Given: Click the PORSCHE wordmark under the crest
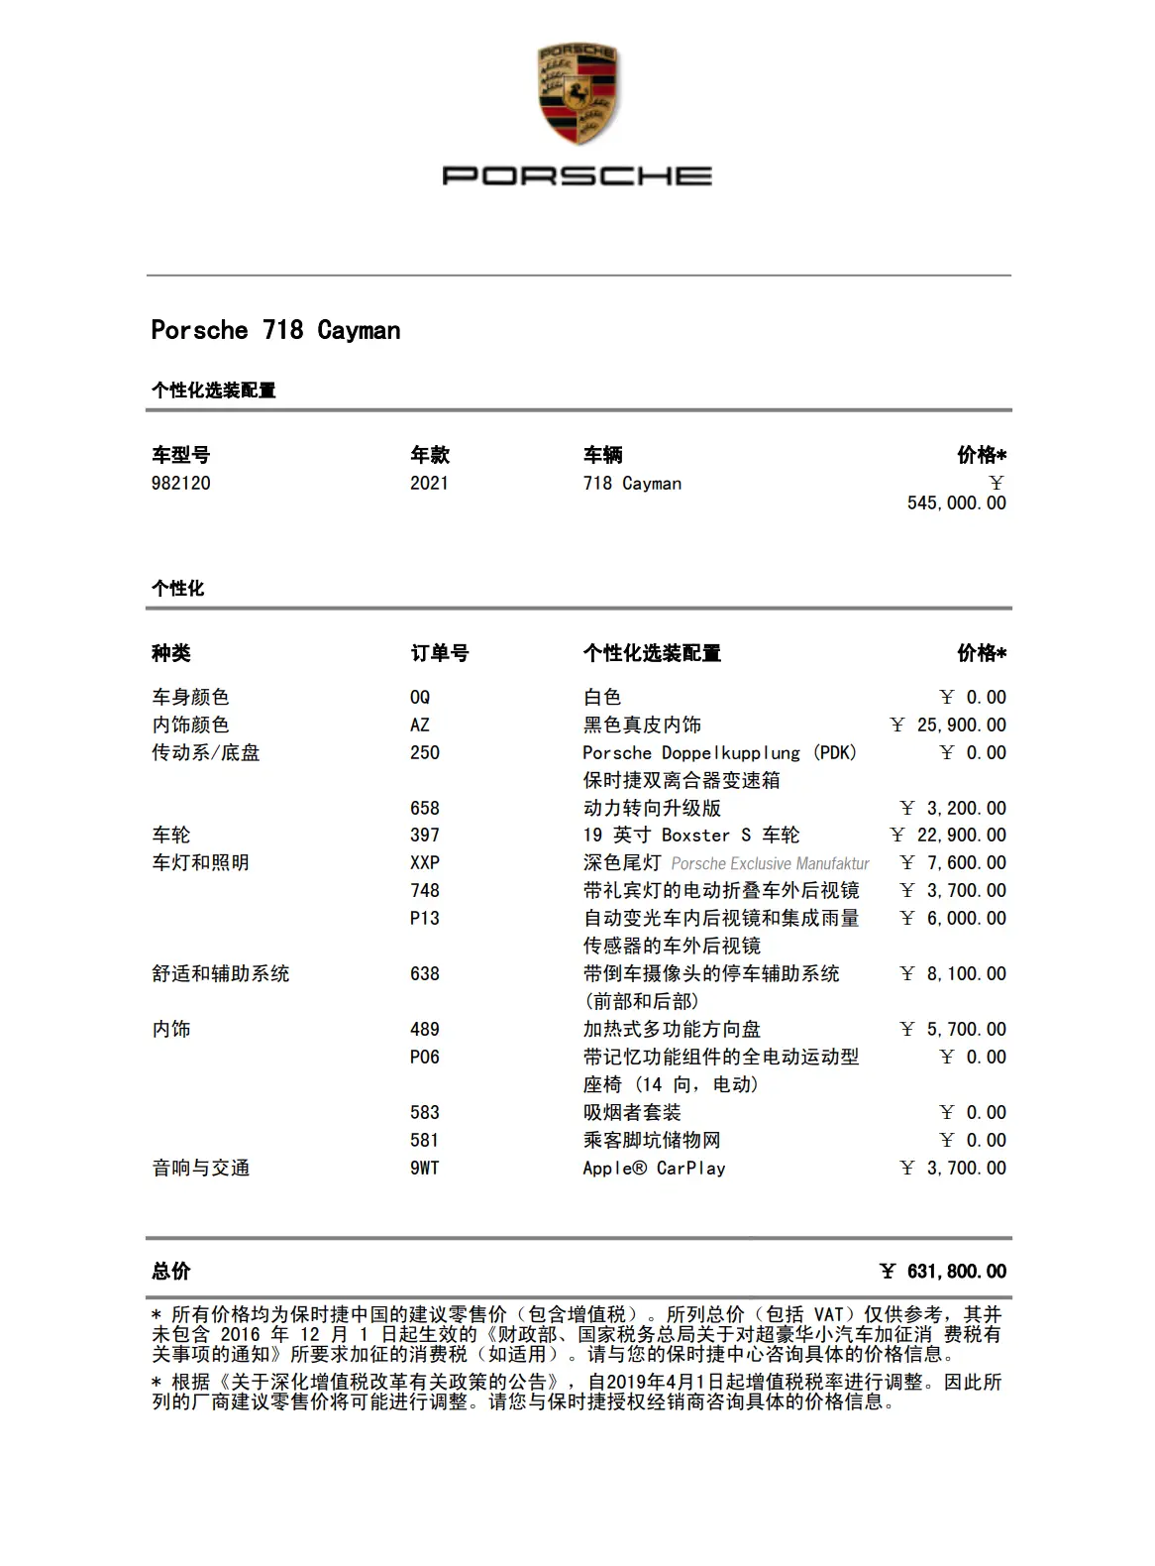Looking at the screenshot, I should pyautogui.click(x=577, y=176).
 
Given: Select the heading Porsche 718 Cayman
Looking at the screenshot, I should pyautogui.click(x=275, y=330).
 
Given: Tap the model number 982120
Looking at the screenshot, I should pyautogui.click(x=180, y=484).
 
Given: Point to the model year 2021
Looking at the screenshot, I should pyautogui.click(x=429, y=484).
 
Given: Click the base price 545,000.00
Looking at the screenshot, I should pyautogui.click(x=956, y=503).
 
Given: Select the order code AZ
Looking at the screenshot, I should pyautogui.click(x=420, y=726).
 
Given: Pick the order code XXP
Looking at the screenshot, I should pyautogui.click(x=425, y=863).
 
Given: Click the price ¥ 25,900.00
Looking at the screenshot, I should pyautogui.click(x=948, y=726).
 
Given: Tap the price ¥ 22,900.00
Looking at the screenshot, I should pyautogui.click(x=948, y=836).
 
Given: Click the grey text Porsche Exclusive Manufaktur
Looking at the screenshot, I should pyautogui.click(x=770, y=864).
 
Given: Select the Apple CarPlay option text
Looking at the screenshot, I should pyautogui.click(x=654, y=1169).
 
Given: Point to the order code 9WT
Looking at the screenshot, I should pyautogui.click(x=425, y=1169).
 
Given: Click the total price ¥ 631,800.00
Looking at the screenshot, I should pyautogui.click(x=943, y=1272).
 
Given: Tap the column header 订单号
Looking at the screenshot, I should pyautogui.click(x=440, y=653).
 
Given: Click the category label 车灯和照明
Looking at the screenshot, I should pyautogui.click(x=200, y=863).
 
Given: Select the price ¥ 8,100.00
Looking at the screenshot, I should pyautogui.click(x=953, y=974).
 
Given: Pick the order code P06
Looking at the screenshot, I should pyautogui.click(x=425, y=1058).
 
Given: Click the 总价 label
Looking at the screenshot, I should pyautogui.click(x=171, y=1272).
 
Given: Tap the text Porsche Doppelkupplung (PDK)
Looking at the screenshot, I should pyautogui.click(x=720, y=753).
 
